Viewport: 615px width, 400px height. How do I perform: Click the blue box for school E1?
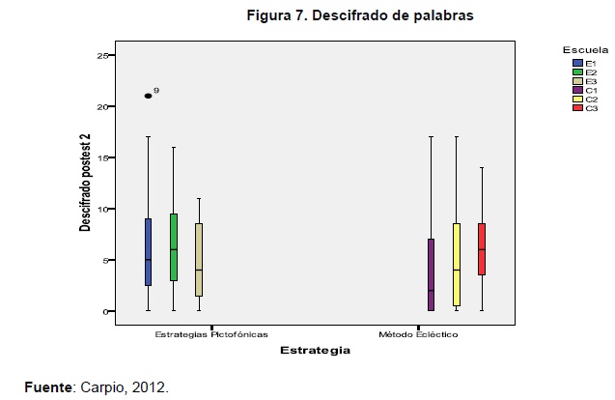[148, 251]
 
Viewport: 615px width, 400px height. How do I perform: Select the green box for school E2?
[173, 246]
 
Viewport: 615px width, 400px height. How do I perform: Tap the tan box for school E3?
[198, 259]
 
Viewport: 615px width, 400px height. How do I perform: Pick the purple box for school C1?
[431, 274]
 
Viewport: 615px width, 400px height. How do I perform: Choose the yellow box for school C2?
[456, 264]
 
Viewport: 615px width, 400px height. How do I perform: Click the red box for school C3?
[481, 249]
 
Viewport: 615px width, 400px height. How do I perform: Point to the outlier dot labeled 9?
[148, 96]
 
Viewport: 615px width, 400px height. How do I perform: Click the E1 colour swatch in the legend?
[576, 62]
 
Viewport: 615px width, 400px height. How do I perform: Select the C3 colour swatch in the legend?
[576, 107]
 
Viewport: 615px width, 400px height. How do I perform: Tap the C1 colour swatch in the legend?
[576, 89]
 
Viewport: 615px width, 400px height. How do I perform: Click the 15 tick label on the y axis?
[101, 157]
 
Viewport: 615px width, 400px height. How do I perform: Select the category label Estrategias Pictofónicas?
[210, 335]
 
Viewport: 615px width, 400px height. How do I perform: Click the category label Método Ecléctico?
[418, 335]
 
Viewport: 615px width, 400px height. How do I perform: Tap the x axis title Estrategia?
[315, 352]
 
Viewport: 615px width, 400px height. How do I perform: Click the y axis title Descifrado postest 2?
[85, 185]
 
